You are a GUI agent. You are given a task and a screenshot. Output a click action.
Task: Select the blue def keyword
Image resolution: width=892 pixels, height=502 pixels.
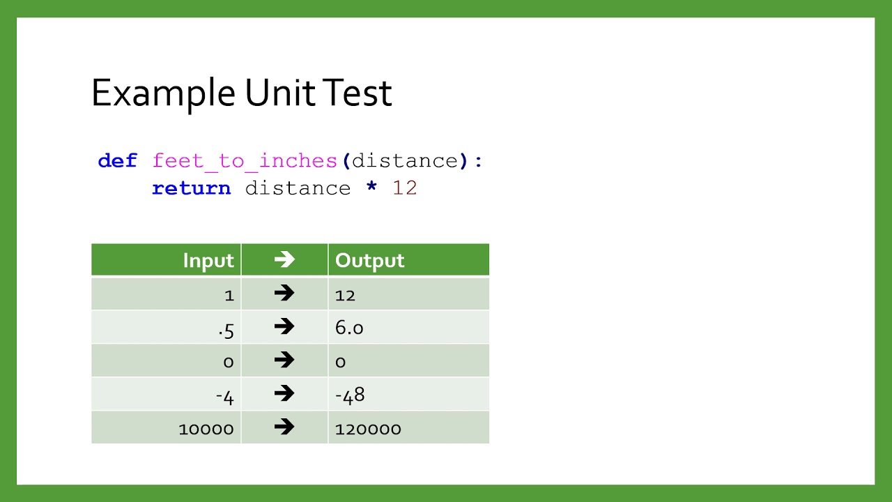117,161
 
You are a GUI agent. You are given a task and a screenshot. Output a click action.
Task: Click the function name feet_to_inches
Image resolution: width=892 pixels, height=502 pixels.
245,161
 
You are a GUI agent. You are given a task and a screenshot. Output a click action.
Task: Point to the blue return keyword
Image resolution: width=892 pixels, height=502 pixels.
191,188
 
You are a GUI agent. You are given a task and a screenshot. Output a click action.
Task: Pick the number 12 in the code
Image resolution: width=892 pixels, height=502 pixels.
404,188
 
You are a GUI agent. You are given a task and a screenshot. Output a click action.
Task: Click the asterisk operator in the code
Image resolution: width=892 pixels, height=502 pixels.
371,188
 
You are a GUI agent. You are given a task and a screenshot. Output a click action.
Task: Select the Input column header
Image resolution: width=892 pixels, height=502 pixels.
208,261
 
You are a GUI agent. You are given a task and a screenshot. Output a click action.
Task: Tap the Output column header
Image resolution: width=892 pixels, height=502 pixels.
369,261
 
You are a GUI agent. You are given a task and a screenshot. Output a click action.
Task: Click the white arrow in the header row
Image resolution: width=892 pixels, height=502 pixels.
284,260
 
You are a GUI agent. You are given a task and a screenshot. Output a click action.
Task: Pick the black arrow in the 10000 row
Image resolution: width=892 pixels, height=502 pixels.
284,427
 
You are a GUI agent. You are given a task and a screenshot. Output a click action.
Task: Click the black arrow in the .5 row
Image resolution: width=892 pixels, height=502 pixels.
284,326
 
